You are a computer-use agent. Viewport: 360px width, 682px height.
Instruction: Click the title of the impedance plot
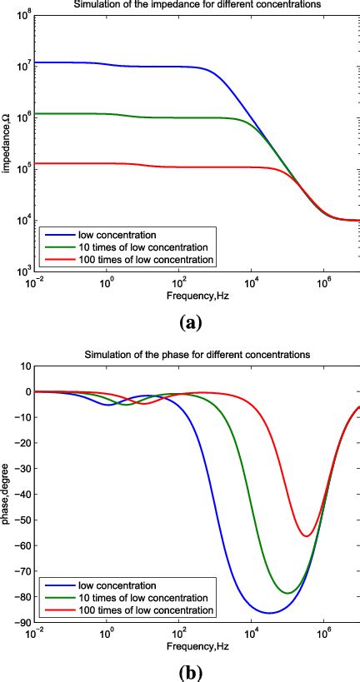(197, 5)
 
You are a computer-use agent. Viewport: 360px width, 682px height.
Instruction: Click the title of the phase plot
(197, 355)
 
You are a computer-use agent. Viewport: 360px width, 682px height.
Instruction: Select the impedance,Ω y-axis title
(6, 146)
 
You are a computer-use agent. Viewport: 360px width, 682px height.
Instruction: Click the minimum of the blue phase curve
(269, 613)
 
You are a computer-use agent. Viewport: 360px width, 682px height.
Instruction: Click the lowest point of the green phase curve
(287, 593)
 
